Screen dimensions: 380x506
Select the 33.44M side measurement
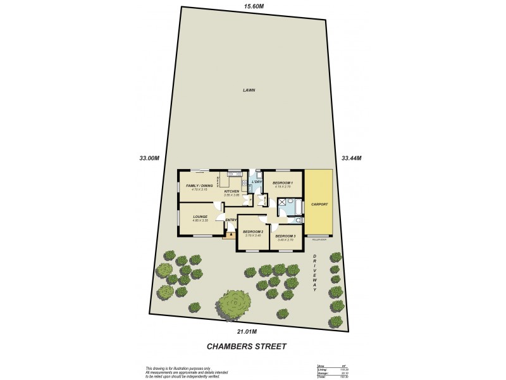coord(351,158)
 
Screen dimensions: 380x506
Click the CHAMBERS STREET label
coord(247,346)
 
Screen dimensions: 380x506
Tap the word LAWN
coord(249,91)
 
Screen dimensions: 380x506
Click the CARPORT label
coord(319,204)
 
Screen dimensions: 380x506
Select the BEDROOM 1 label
coord(281,182)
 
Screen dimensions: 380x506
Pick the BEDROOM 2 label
coord(252,232)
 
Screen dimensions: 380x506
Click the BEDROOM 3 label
coord(285,236)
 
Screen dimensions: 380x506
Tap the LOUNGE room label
coord(201,217)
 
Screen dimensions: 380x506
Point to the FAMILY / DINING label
coord(199,186)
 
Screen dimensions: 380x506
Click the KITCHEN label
coord(231,191)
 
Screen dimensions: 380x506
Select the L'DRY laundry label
coord(257,182)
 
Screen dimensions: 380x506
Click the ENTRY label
coord(231,220)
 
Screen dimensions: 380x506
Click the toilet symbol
coord(296,220)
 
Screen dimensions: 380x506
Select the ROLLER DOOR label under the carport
coord(319,240)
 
